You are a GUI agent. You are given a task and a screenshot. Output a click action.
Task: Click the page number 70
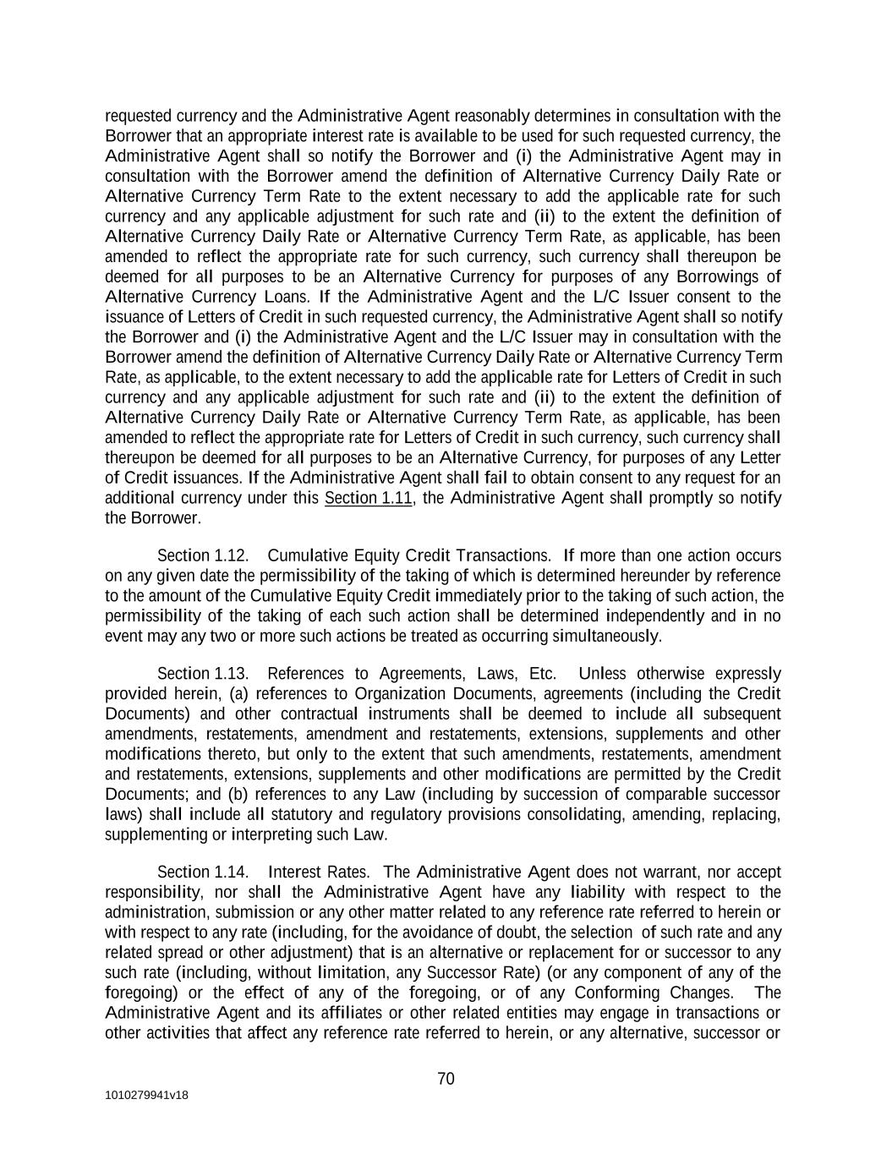pos(446,1079)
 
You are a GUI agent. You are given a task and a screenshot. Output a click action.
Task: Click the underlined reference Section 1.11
pos(368,498)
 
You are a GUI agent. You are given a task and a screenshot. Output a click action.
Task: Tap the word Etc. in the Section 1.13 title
pos(541,674)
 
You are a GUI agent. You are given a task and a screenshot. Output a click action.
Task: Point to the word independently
pos(654,615)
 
